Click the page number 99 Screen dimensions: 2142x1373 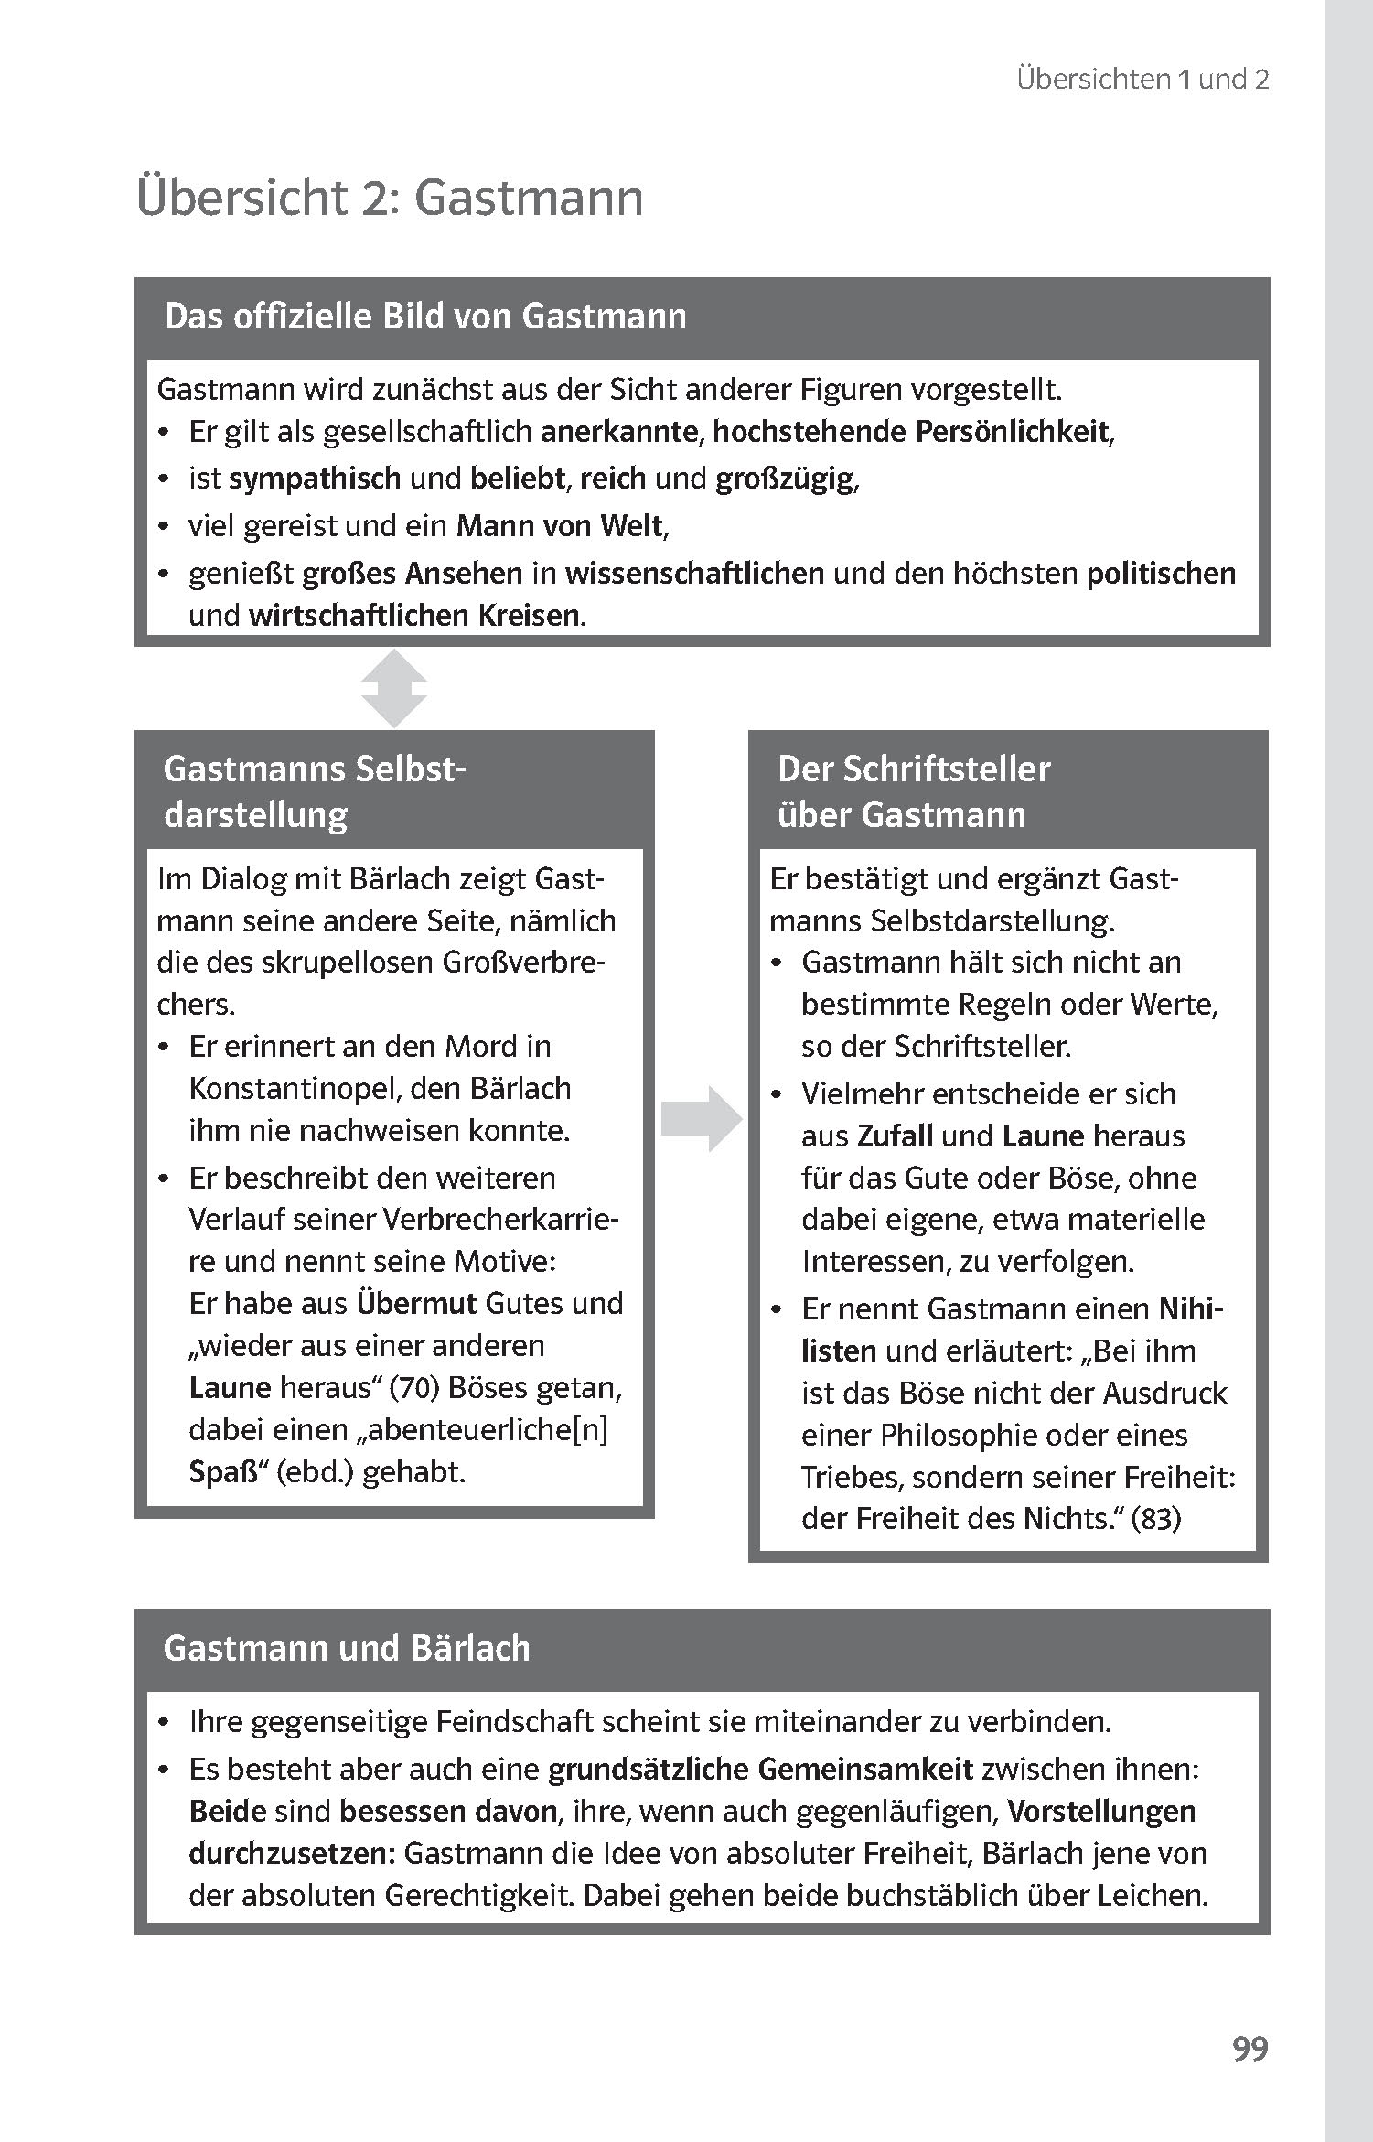[1250, 2048]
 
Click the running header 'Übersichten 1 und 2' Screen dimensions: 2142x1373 [1142, 80]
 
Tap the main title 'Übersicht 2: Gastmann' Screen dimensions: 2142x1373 [390, 199]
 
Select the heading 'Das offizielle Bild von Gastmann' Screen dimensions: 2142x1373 [425, 317]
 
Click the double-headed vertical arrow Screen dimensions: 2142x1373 [393, 688]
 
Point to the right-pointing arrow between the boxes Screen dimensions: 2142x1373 [701, 1118]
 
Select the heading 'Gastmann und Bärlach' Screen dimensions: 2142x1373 [347, 1648]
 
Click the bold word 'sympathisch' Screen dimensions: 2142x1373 [315, 478]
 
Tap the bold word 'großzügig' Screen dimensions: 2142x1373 [786, 478]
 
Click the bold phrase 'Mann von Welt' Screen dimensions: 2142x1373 [560, 526]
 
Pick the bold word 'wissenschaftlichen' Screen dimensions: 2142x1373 [694, 574]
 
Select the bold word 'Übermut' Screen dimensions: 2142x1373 [416, 1303]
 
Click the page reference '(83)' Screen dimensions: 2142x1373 [1156, 1519]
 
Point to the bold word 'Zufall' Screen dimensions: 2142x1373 [895, 1136]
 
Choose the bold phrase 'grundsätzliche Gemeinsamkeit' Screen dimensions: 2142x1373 [760, 1770]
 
